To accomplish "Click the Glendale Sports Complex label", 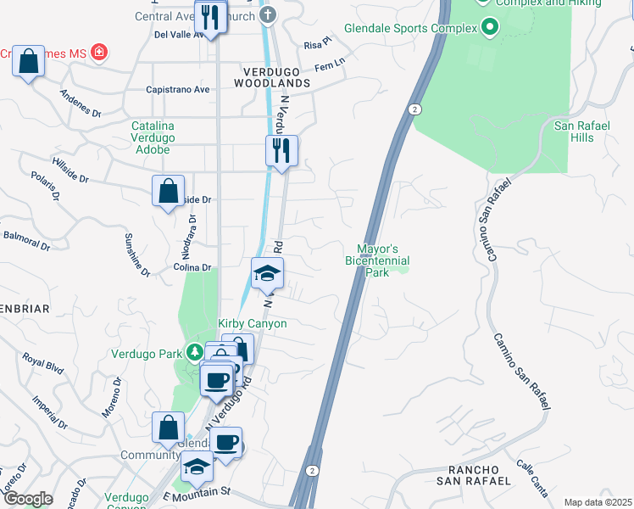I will (411, 28).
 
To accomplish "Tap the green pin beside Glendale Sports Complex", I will (489, 28).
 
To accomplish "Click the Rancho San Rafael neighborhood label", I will (473, 475).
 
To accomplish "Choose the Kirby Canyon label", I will (253, 324).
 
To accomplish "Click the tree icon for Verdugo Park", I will (195, 352).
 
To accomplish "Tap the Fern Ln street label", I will (330, 64).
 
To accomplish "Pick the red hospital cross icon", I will (100, 53).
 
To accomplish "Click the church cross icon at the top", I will (268, 14).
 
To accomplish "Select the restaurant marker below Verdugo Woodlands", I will (281, 151).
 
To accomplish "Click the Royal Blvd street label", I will (43, 364).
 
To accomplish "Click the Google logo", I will (27, 499).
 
